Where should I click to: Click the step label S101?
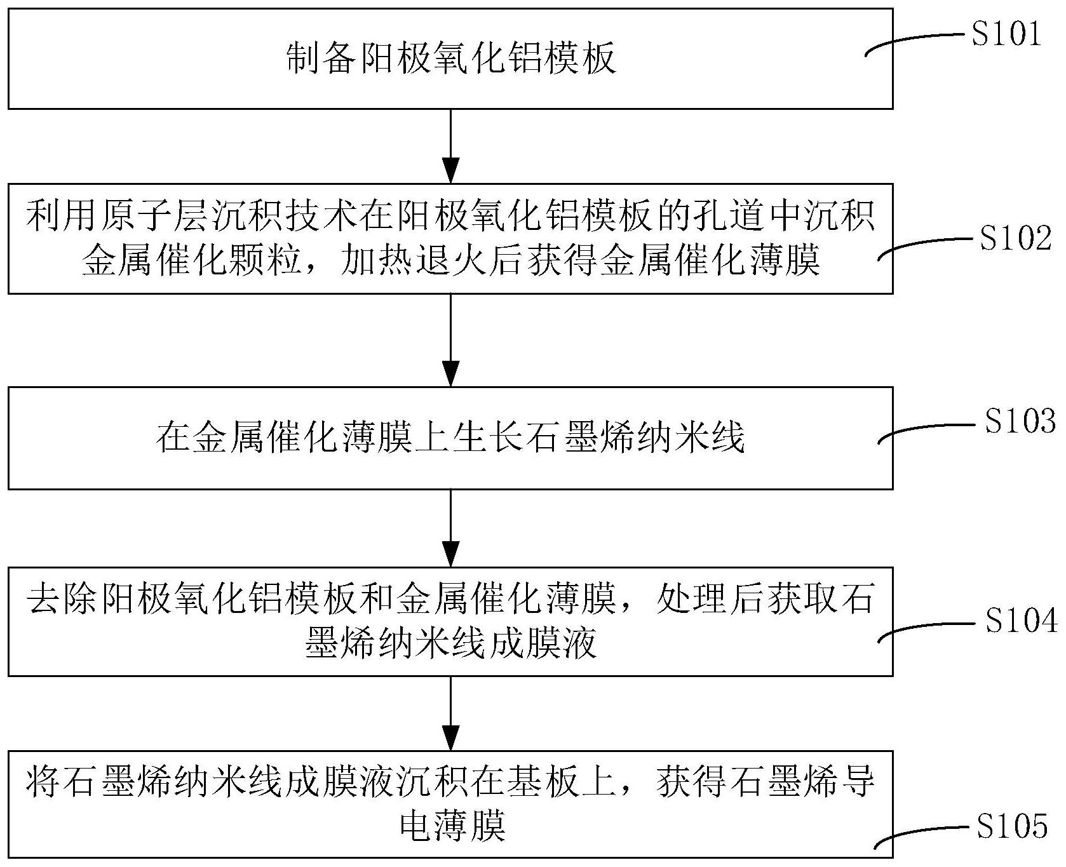point(1007,35)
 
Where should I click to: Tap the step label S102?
point(1016,239)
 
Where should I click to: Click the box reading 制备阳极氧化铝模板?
point(450,59)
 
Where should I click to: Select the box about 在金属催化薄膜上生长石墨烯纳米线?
point(450,438)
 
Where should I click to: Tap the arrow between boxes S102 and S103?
point(450,340)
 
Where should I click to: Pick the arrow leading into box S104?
point(450,528)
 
